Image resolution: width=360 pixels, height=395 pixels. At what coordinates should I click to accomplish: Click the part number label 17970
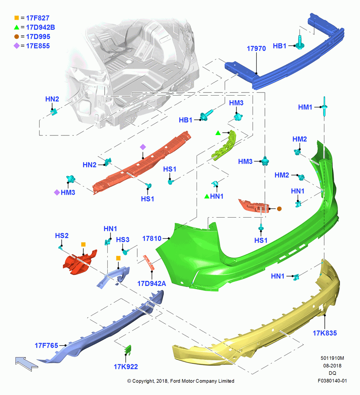[256, 48]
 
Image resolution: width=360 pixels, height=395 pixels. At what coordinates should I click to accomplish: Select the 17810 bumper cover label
[152, 238]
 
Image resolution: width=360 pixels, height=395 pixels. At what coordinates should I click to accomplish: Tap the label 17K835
[325, 333]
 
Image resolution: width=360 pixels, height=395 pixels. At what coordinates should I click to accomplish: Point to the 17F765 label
[46, 345]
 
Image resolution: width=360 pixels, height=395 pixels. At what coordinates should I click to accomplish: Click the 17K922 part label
[126, 367]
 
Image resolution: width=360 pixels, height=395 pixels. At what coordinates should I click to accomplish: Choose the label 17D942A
[152, 283]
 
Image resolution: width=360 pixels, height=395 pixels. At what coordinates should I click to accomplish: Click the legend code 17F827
[38, 18]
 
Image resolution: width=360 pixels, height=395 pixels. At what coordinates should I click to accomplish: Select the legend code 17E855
[38, 46]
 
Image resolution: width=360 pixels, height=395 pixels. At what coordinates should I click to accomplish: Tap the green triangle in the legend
[17, 27]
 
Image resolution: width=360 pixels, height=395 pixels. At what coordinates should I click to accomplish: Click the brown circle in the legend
[17, 36]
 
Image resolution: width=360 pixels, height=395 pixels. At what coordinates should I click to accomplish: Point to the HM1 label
[305, 107]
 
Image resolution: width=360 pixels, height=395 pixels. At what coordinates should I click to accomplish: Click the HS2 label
[62, 235]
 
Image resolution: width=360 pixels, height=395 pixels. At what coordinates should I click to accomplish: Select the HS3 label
[123, 240]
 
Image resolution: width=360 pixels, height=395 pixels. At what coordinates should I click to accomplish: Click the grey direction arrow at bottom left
[26, 363]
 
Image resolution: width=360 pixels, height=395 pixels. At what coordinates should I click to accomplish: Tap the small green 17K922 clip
[128, 350]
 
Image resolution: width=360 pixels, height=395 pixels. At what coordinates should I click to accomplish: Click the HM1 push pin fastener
[324, 107]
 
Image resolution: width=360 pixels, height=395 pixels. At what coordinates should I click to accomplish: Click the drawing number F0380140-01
[332, 381]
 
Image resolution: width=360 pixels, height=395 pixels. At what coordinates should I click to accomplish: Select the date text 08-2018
[332, 365]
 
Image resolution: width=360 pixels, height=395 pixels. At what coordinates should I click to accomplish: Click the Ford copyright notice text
[181, 381]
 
